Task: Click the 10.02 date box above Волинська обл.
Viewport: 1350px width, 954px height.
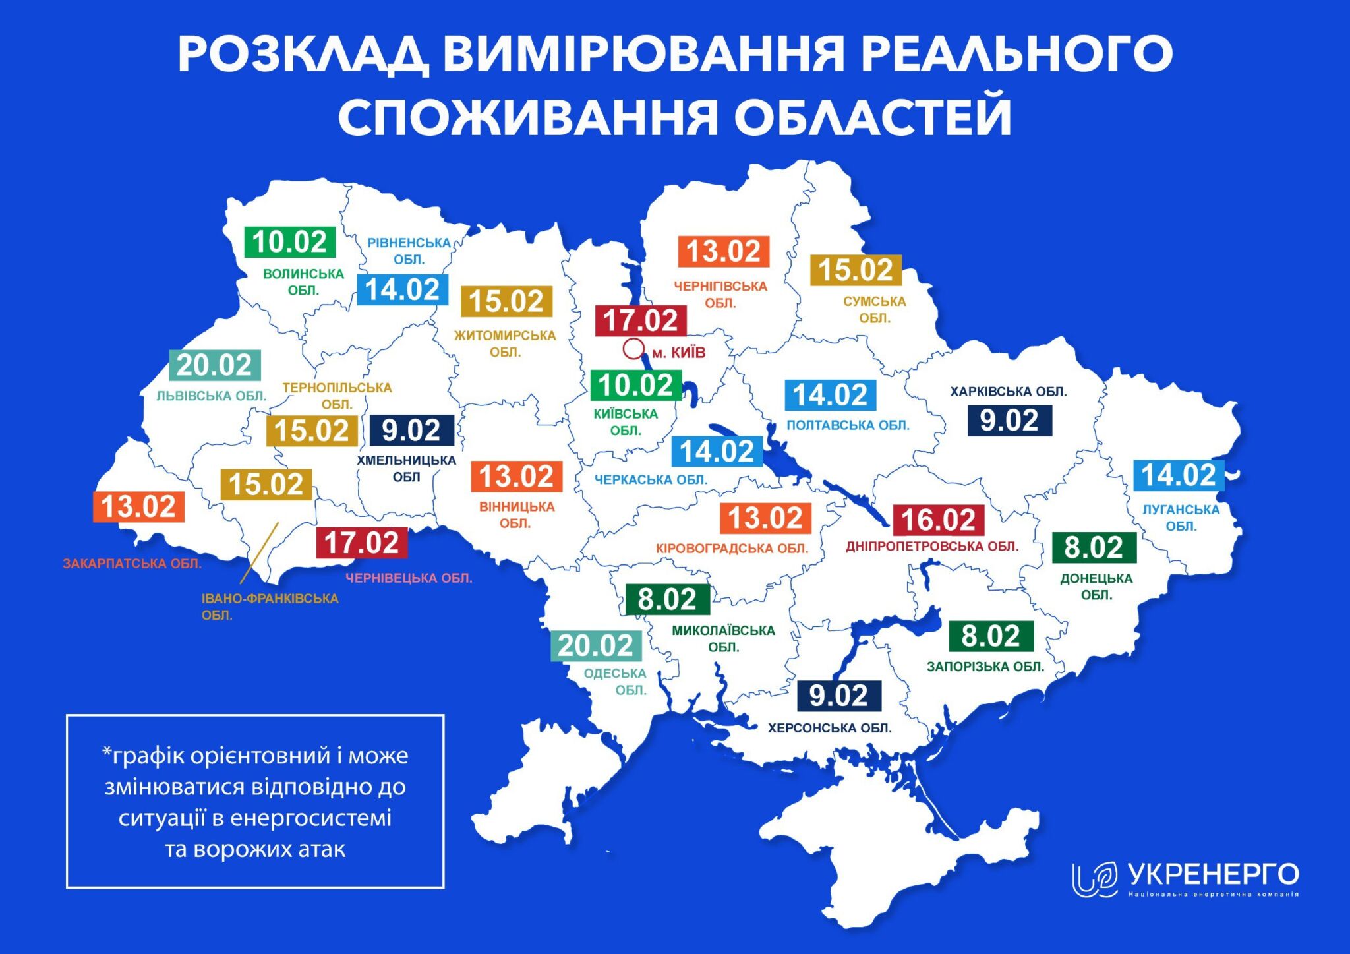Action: click(x=290, y=242)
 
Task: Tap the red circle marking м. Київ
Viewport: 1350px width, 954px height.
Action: click(x=633, y=349)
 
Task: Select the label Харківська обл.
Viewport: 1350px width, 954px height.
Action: click(x=1008, y=392)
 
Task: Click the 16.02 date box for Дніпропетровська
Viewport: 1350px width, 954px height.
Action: click(x=938, y=520)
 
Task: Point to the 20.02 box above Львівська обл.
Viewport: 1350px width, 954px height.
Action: click(x=215, y=365)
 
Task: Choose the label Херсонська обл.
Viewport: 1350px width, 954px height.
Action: click(x=829, y=728)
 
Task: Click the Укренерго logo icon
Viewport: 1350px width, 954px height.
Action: click(x=1094, y=879)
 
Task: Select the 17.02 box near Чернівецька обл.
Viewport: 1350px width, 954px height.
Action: click(x=361, y=543)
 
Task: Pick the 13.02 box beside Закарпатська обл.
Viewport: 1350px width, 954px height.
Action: click(x=138, y=507)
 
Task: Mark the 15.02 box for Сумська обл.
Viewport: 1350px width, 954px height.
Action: click(x=856, y=270)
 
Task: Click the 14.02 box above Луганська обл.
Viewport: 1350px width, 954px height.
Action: click(x=1178, y=475)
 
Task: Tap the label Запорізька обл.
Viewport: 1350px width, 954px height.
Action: click(x=985, y=667)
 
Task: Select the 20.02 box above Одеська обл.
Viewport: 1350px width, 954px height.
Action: click(x=596, y=645)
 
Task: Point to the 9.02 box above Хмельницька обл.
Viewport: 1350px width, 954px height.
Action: click(x=412, y=431)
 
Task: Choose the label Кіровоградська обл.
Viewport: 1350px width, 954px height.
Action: click(x=732, y=549)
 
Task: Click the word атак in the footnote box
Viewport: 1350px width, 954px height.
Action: click(x=322, y=849)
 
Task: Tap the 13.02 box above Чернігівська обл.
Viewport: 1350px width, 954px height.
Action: click(x=724, y=252)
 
